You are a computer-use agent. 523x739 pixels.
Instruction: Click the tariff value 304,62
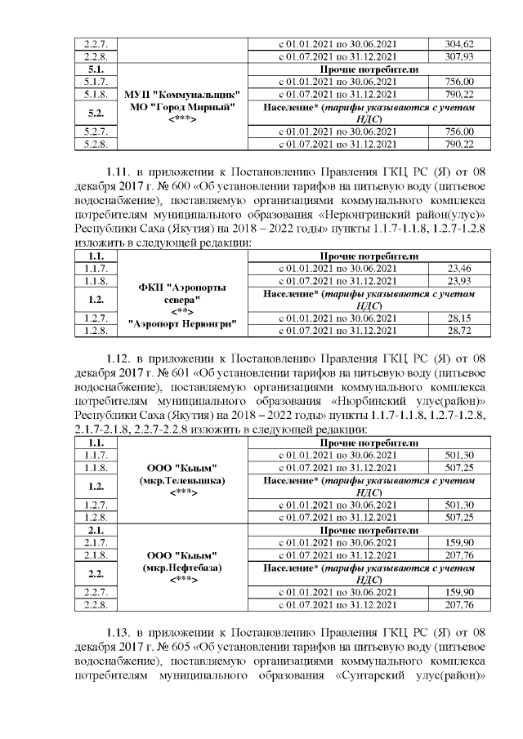[x=458, y=44]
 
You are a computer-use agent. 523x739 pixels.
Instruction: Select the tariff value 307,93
[x=458, y=56]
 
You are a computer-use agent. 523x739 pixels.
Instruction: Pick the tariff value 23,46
[x=460, y=267]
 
